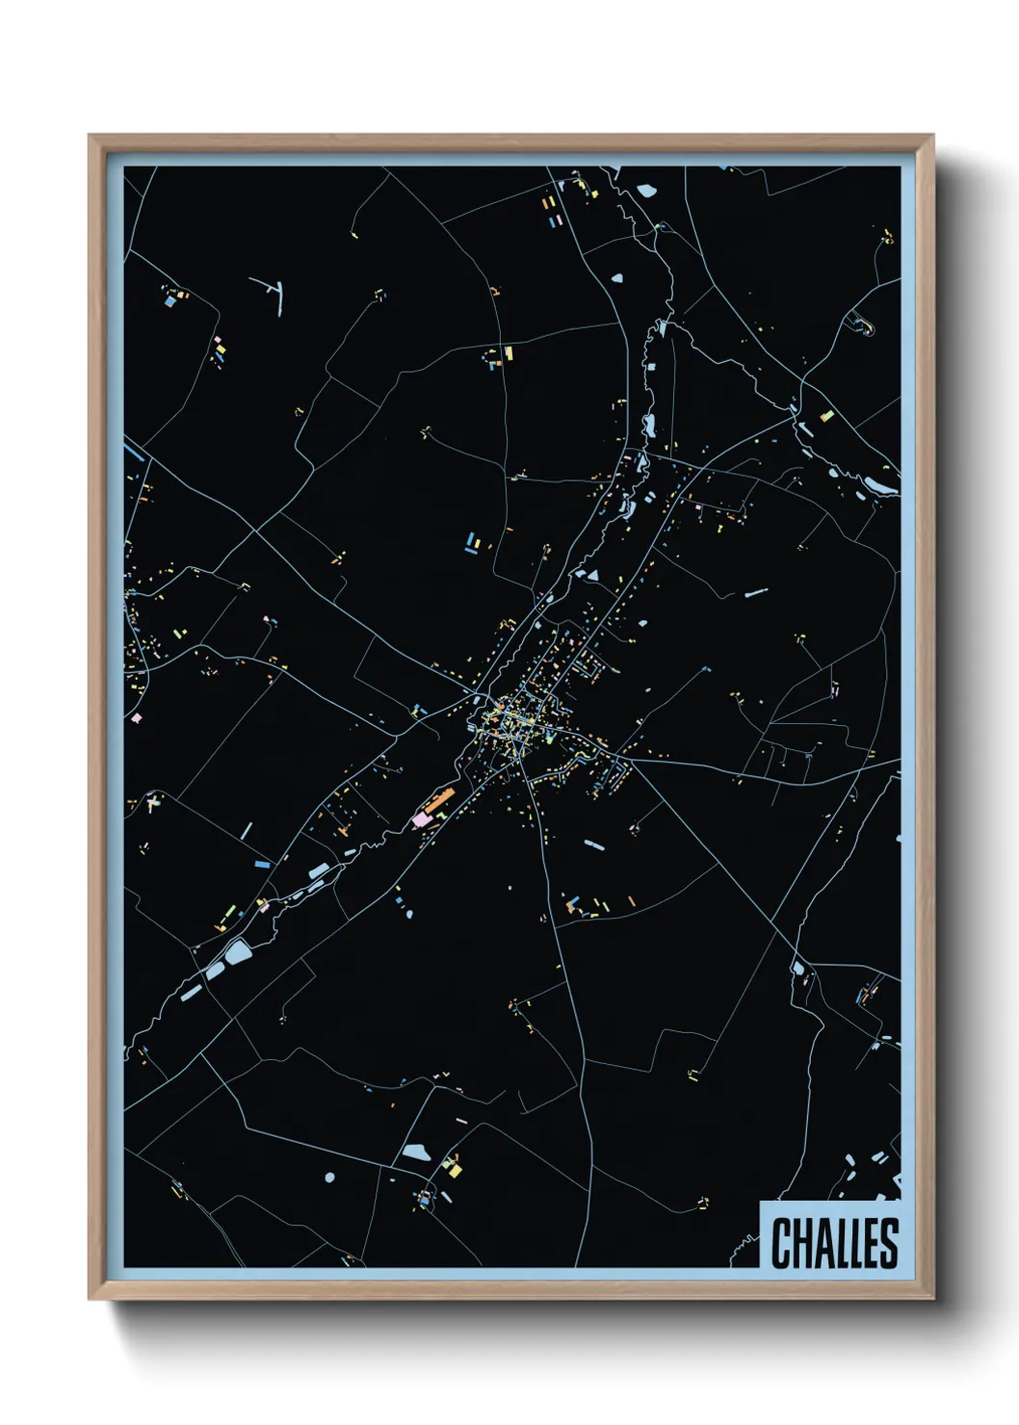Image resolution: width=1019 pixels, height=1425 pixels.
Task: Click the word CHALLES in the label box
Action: coord(834,1242)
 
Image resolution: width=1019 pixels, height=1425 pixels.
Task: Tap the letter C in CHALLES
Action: coord(781,1242)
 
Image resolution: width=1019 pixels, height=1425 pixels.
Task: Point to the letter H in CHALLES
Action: coord(800,1242)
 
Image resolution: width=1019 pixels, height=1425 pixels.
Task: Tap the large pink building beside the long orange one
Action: coord(421,818)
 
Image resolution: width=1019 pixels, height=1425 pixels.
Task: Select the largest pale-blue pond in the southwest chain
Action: coord(237,953)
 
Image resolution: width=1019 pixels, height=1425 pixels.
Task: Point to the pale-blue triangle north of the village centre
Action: coord(592,575)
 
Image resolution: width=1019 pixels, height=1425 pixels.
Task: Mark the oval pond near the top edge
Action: coord(644,190)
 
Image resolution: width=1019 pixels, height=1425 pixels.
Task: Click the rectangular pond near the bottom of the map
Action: coord(415,1152)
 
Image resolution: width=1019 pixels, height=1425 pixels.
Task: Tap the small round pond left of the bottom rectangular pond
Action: coord(330,1177)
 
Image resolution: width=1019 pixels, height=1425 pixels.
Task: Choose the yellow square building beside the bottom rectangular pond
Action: coord(456,1170)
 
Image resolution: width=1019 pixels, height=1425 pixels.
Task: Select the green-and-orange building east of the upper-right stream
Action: coord(825,417)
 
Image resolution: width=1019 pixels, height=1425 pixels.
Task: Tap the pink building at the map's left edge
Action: coord(137,717)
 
